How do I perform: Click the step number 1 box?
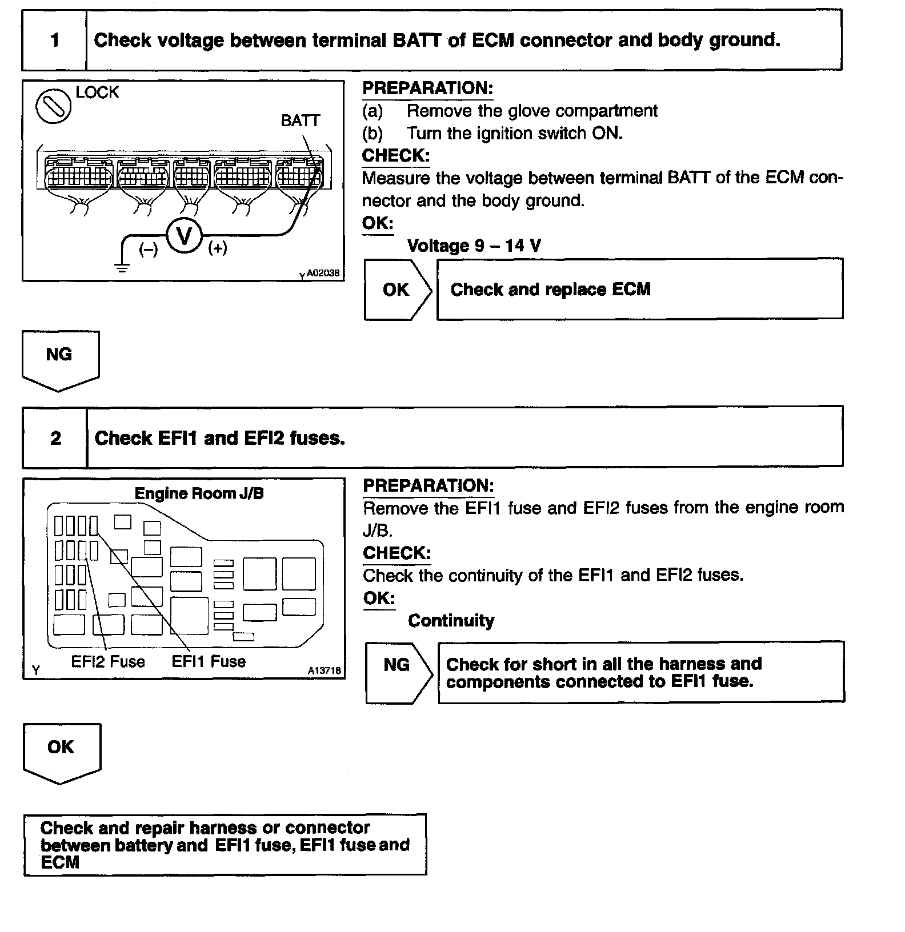[54, 41]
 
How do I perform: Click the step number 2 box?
[55, 438]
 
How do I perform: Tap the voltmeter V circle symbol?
[184, 236]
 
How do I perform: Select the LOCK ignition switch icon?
[53, 107]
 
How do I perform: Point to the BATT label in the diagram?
[300, 120]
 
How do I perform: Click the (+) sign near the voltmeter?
[218, 248]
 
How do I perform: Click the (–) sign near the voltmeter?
[149, 249]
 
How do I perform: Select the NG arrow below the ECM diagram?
[59, 358]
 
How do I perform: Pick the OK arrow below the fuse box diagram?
[61, 750]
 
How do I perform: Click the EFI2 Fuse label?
[108, 661]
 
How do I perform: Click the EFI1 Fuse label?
[209, 661]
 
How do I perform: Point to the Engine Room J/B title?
[199, 493]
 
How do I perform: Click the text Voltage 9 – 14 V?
[474, 246]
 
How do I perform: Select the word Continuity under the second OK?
[451, 620]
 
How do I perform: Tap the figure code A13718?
[324, 671]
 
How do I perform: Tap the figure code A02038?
[323, 274]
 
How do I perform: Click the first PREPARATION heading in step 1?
[427, 89]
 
